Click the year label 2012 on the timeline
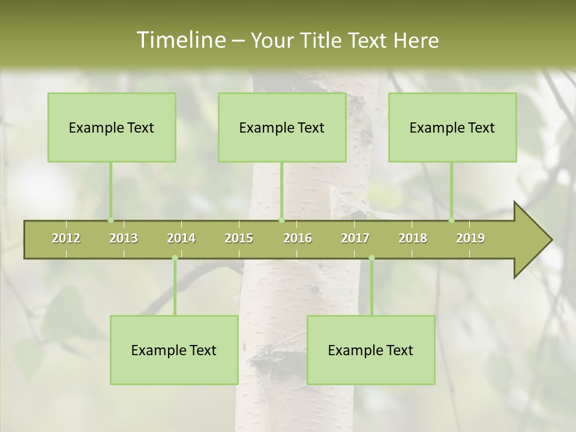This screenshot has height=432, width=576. pyautogui.click(x=66, y=238)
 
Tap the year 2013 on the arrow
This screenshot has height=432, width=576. pyautogui.click(x=124, y=238)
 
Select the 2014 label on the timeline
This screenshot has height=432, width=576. pyautogui.click(x=181, y=238)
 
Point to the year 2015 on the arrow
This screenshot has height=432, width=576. pyautogui.click(x=239, y=238)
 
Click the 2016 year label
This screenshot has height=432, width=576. pyautogui.click(x=298, y=238)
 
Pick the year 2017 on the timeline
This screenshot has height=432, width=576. pyautogui.click(x=355, y=238)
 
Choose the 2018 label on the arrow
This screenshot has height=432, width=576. pyautogui.click(x=413, y=238)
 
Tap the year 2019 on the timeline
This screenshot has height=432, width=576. pyautogui.click(x=470, y=238)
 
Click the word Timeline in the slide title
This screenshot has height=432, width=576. pyautogui.click(x=181, y=40)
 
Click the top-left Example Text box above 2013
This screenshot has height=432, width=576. pyautogui.click(x=112, y=127)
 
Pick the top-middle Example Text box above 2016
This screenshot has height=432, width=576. pyautogui.click(x=282, y=127)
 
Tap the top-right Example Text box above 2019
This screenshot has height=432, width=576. pyautogui.click(x=452, y=127)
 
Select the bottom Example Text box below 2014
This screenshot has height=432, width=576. pyautogui.click(x=174, y=350)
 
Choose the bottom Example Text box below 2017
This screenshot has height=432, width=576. pyautogui.click(x=371, y=350)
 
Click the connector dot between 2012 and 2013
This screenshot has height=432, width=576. pyautogui.click(x=110, y=220)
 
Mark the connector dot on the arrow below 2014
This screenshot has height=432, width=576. pyautogui.click(x=175, y=258)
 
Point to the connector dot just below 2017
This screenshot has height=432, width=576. pyautogui.click(x=371, y=258)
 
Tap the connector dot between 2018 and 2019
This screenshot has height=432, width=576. pyautogui.click(x=451, y=220)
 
